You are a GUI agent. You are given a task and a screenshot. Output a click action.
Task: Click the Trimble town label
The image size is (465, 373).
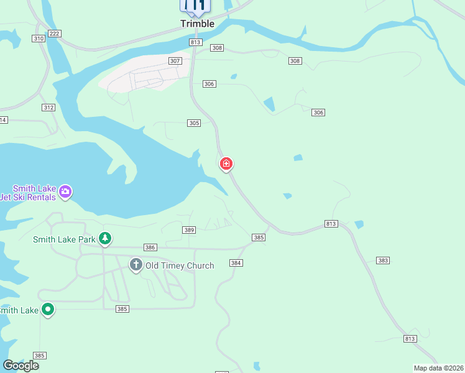(197, 24)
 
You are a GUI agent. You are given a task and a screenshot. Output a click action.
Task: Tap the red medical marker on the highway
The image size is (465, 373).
(226, 164)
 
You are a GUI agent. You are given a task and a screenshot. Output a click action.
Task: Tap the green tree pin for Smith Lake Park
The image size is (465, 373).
(106, 238)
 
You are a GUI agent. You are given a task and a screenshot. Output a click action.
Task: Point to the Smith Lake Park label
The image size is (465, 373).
(65, 239)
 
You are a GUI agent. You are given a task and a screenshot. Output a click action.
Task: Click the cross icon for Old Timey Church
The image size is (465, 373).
(136, 265)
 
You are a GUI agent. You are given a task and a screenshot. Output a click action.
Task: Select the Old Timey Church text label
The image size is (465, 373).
(180, 265)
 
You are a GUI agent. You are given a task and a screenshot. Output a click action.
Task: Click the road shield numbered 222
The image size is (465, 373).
(54, 33)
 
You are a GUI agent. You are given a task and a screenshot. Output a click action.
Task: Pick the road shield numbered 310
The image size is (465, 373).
(39, 39)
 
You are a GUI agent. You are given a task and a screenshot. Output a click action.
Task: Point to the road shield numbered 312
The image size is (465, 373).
(48, 107)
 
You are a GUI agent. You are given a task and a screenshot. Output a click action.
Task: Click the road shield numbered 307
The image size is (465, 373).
(175, 61)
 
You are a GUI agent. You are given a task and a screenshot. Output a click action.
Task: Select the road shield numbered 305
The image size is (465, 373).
(194, 123)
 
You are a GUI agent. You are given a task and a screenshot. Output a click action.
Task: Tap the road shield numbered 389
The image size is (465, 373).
(190, 230)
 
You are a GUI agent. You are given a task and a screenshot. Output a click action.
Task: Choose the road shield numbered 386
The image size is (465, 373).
(150, 247)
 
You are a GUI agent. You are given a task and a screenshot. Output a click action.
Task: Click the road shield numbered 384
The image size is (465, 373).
(236, 263)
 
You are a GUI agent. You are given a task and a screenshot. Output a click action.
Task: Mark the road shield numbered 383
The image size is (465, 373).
(383, 260)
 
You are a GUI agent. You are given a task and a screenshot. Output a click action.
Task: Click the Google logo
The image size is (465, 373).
(21, 366)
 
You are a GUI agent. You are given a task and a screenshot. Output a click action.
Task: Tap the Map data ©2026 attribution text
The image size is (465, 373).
(439, 368)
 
